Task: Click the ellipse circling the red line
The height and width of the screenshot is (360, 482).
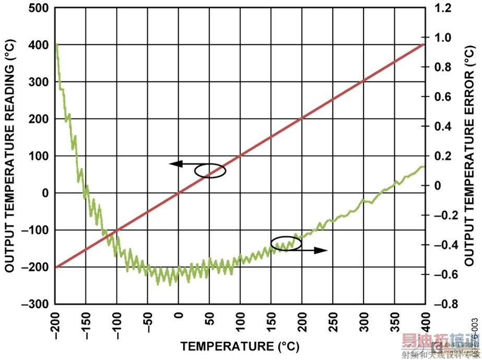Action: coord(210,171)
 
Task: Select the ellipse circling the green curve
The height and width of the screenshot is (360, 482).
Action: coord(286,244)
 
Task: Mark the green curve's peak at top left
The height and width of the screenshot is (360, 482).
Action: coord(56,45)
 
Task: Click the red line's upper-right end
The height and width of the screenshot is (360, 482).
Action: coord(424,45)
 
